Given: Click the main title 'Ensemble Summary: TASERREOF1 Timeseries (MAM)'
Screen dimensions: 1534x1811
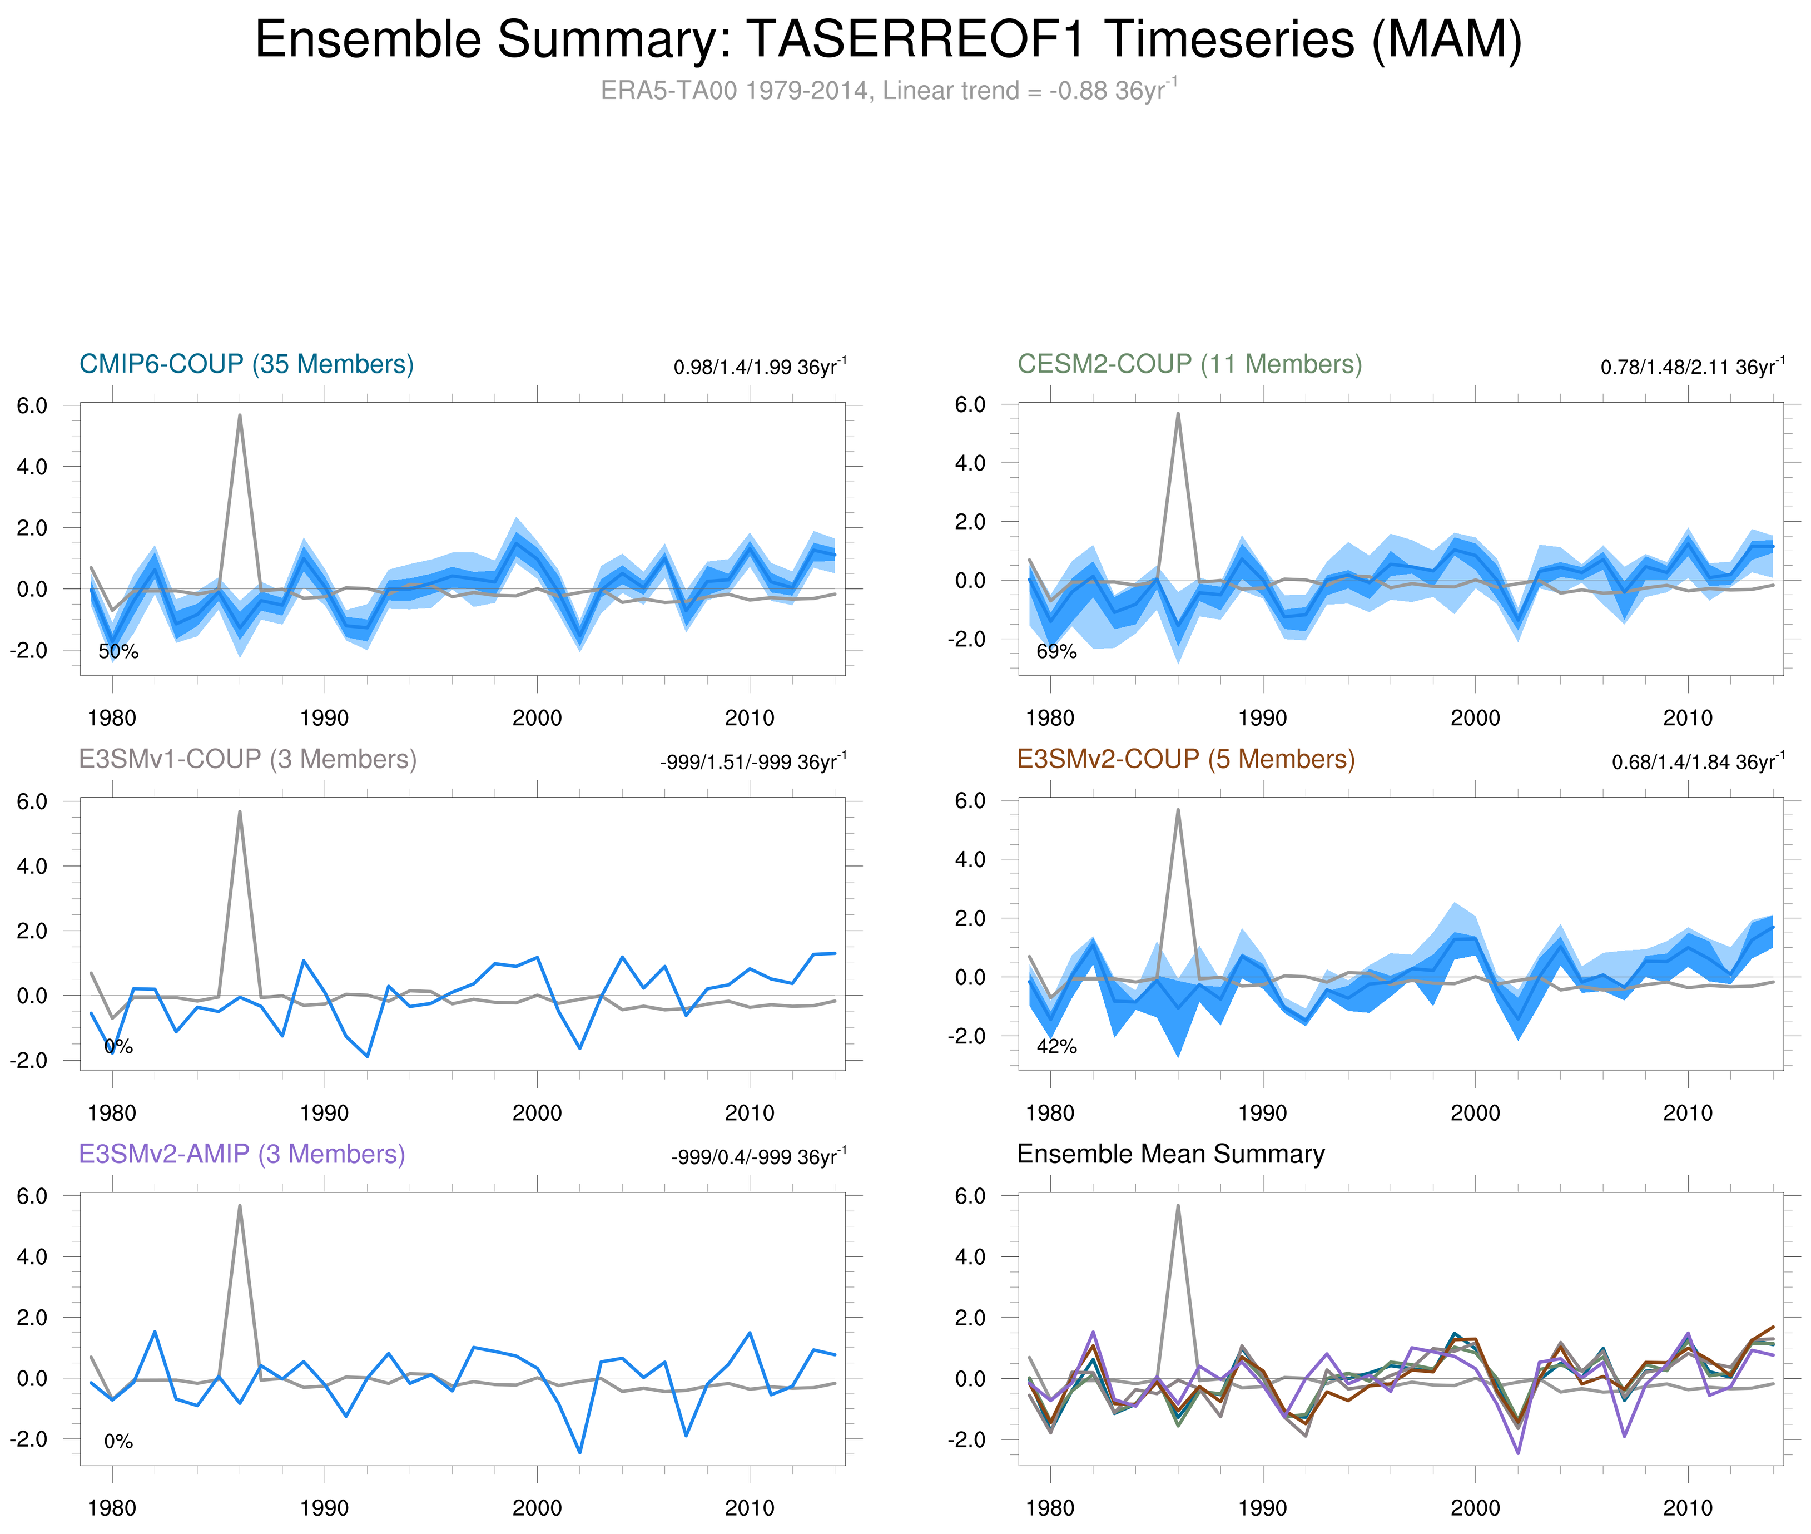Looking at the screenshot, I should coord(887,40).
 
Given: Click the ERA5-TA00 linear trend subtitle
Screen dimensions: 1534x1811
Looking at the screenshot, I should coord(887,91).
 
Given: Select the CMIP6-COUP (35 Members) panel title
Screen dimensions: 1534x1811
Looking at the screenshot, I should coord(246,364).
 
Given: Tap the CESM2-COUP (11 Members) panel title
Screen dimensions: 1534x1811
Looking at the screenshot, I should coord(1189,364).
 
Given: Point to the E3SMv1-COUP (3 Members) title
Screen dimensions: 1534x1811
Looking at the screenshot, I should coord(247,759).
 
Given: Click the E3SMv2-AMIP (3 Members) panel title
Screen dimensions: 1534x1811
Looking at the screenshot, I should coord(242,1154).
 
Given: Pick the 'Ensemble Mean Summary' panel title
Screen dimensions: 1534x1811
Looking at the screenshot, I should coord(1170,1154).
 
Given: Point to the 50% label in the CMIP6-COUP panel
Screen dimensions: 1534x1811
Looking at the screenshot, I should coord(118,651).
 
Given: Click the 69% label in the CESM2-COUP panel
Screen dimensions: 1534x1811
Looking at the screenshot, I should coord(1056,651).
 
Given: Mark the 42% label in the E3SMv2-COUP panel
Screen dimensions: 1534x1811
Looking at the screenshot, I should coord(1056,1046).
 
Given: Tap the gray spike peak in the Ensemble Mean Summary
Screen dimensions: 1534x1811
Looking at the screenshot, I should coord(1178,1206).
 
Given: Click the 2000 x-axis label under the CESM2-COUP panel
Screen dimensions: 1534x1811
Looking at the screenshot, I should coord(1475,718).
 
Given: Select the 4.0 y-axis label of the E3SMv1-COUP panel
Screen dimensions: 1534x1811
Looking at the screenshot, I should coord(32,866).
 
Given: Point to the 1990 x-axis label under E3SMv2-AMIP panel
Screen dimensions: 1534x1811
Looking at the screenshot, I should coord(324,1508).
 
